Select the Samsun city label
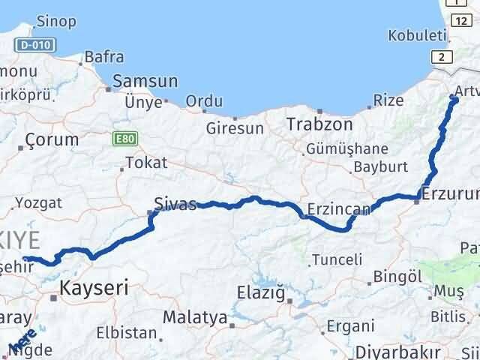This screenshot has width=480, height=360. [145, 81]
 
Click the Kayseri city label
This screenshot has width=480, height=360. [94, 286]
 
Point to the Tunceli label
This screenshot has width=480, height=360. [337, 259]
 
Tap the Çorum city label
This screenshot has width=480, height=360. [52, 139]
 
